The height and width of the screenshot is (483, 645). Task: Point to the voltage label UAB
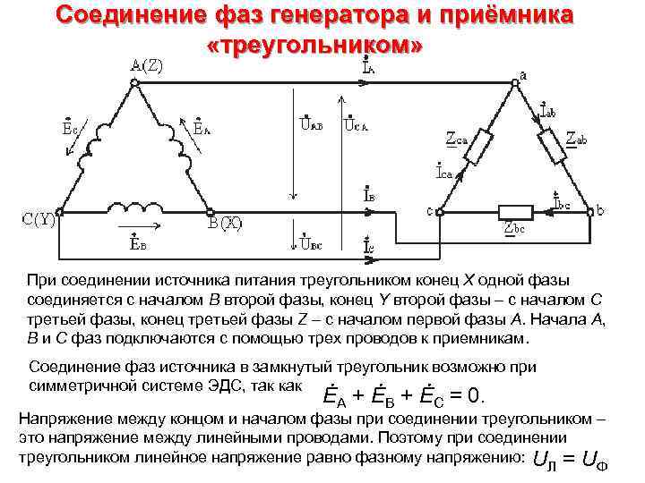(311, 125)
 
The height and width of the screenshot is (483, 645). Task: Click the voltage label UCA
(357, 125)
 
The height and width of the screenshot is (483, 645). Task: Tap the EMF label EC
(69, 129)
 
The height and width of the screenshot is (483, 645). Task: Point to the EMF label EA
(202, 129)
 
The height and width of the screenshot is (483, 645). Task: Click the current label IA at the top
(368, 65)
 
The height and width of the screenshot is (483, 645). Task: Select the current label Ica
(444, 171)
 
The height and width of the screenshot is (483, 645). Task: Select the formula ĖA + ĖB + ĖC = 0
(404, 394)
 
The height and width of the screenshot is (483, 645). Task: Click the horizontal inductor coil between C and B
(132, 208)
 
